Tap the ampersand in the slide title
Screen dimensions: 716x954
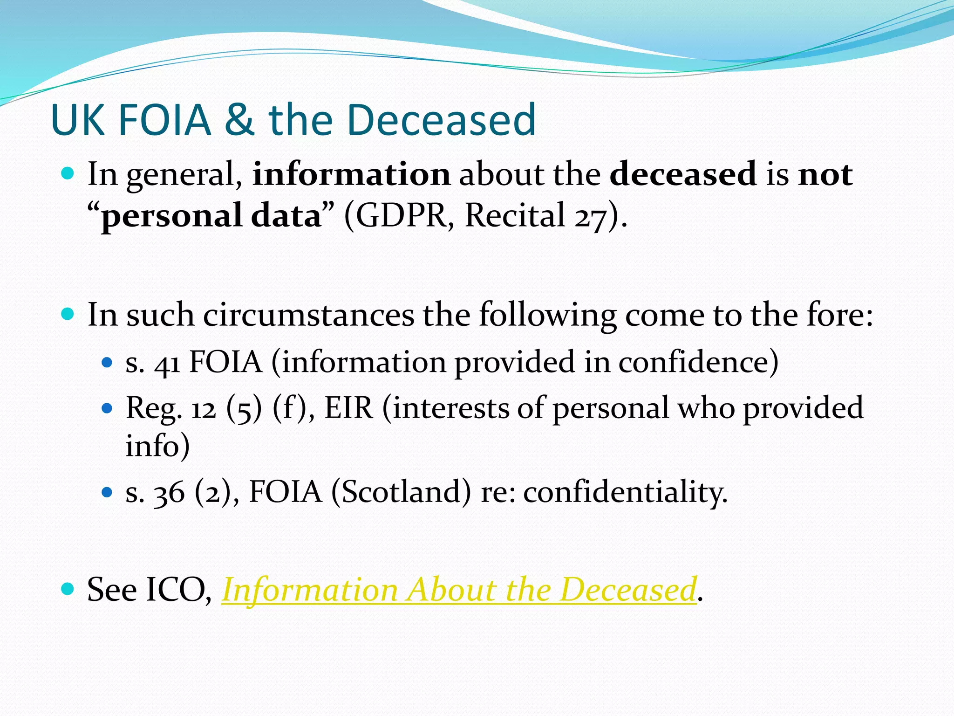pos(239,120)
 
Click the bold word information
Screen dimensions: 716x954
pos(351,174)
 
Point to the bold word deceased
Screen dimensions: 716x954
pos(683,174)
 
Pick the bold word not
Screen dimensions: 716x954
pos(825,174)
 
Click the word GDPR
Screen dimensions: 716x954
pos(402,216)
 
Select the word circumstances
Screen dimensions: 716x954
pos(308,315)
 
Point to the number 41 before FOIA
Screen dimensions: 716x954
pos(167,363)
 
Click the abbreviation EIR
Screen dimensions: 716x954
pos(349,408)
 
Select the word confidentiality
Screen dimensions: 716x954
pos(625,492)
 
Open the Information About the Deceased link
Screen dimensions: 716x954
pos(459,590)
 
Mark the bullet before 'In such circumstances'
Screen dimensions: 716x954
pos(68,314)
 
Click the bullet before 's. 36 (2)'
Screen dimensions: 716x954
pos(107,492)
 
